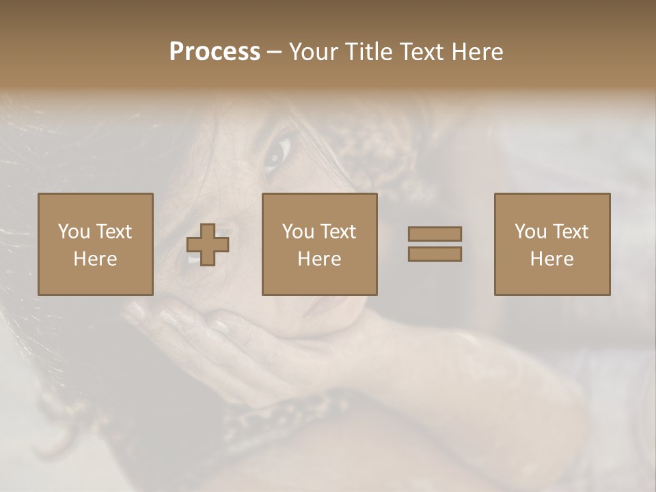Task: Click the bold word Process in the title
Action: [x=215, y=52]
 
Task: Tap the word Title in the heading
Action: [x=369, y=52]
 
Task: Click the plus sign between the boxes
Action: [x=208, y=245]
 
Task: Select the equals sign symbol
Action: [x=435, y=244]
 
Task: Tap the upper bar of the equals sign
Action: [x=435, y=234]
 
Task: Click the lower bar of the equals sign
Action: [x=435, y=254]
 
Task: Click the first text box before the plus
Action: [x=96, y=244]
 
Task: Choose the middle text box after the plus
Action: [x=319, y=244]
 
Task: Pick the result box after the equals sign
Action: [x=551, y=244]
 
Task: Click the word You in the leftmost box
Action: [x=74, y=232]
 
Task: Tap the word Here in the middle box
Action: [x=319, y=259]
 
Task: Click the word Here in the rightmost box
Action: [x=551, y=259]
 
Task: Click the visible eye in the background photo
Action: [x=277, y=153]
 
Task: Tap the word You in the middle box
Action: [x=298, y=232]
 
